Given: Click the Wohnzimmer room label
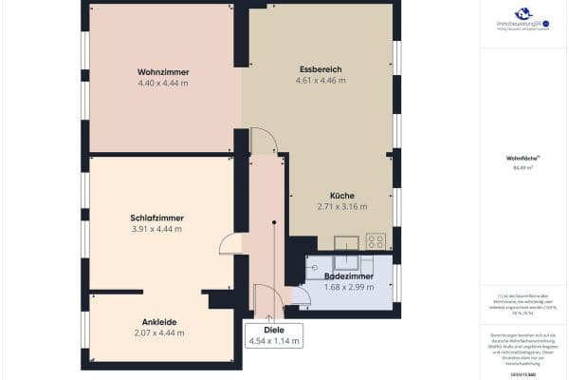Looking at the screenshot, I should (163, 72).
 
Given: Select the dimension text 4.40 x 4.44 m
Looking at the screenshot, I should (163, 84).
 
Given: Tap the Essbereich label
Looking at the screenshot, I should (320, 69).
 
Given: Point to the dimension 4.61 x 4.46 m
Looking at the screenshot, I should (320, 81).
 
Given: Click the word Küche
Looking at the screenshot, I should (341, 195).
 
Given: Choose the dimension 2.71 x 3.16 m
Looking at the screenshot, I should (341, 206).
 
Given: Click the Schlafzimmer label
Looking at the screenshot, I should (156, 218).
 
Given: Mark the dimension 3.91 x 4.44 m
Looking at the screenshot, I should (156, 229).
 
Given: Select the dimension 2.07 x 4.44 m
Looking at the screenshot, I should (159, 332).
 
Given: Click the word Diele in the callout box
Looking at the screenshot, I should (274, 329).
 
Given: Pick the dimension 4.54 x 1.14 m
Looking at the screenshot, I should (274, 340).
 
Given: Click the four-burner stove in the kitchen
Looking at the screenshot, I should (376, 241).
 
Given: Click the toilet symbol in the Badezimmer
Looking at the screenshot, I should (316, 268).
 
